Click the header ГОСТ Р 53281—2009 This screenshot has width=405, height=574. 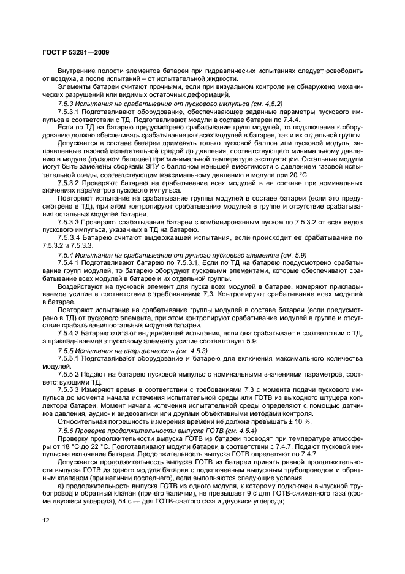[75, 52]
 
